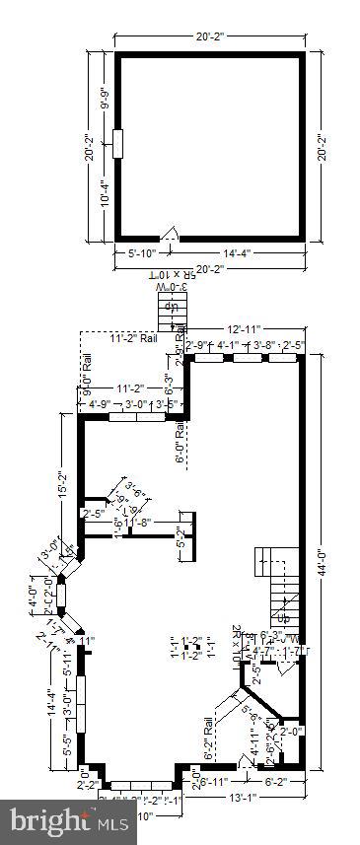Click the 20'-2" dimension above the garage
point(210,36)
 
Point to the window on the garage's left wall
point(117,143)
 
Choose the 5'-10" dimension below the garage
point(143,252)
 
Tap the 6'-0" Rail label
point(180,443)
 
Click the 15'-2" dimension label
point(63,483)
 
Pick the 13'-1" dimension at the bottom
point(242,798)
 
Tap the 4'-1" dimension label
point(228,345)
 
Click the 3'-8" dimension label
point(261,345)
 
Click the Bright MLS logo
point(70,820)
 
